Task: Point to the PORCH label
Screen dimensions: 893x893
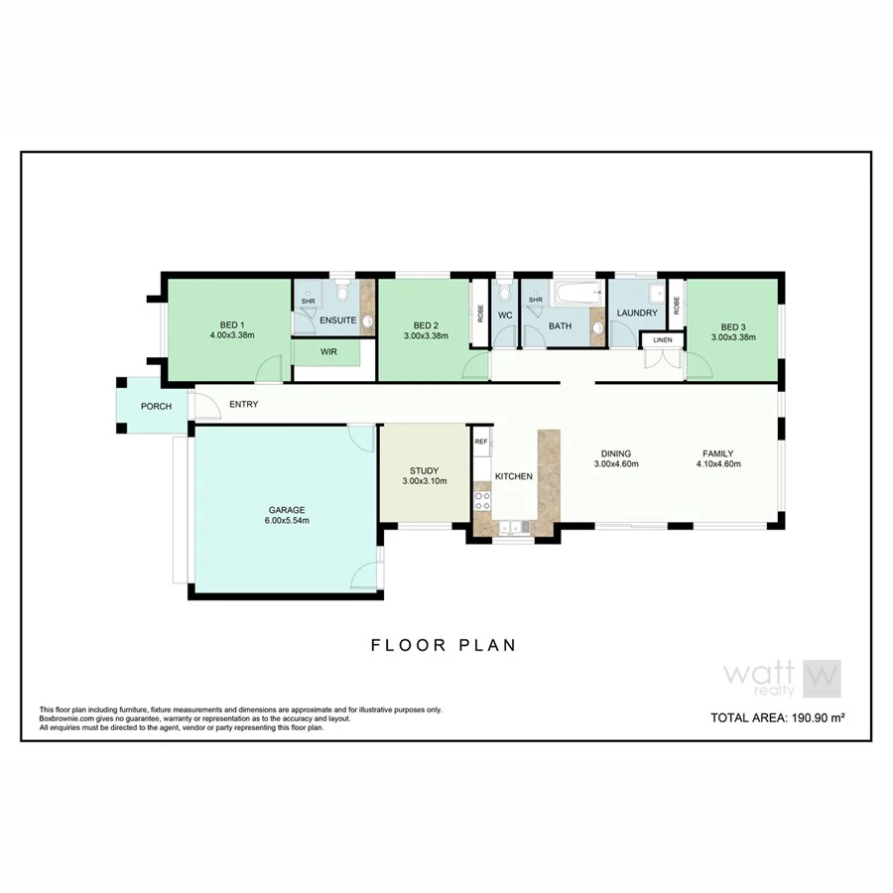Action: click(155, 406)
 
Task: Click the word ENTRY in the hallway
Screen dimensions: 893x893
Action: click(243, 405)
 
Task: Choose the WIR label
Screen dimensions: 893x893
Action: click(327, 352)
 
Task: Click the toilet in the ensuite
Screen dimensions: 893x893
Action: click(340, 291)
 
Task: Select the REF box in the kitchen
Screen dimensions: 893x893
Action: click(480, 442)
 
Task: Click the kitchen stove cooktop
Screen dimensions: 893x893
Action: click(483, 500)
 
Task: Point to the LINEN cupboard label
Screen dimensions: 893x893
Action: click(662, 341)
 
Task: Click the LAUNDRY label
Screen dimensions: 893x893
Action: click(636, 314)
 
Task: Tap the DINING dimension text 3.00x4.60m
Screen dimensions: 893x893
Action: click(615, 463)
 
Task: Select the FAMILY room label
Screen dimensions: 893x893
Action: click(718, 453)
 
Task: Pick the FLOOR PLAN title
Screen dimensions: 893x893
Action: click(444, 645)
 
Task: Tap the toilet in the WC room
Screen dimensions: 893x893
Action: click(504, 292)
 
